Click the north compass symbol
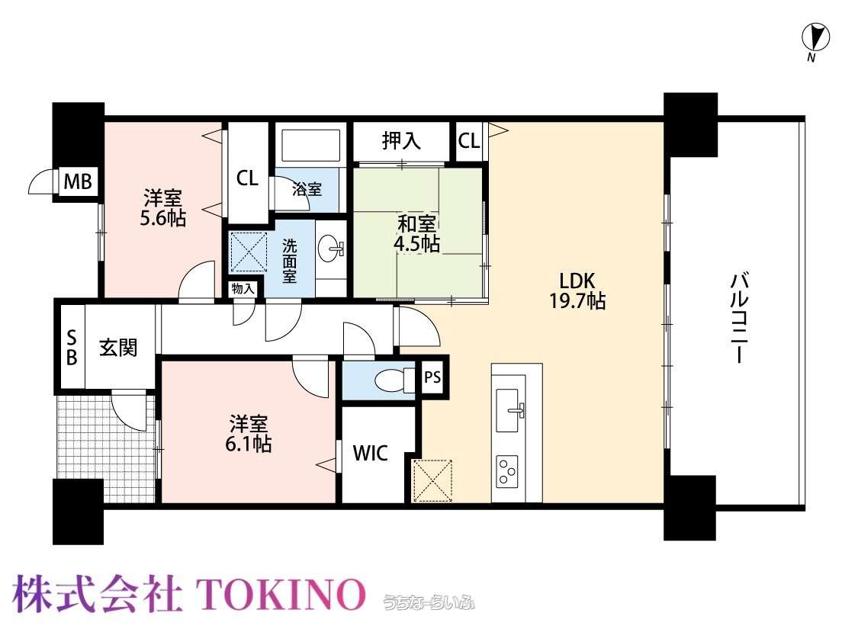tap(815, 38)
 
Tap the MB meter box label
tap(78, 181)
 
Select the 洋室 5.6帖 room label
tap(163, 208)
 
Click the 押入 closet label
tap(401, 140)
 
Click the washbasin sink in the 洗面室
tap(331, 249)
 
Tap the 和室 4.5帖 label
tap(417, 233)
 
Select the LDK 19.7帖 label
tap(577, 291)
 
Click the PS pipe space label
tap(432, 377)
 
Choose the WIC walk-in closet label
tap(371, 453)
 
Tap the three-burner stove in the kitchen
tap(506, 471)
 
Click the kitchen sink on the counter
tap(508, 410)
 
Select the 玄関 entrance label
tap(117, 348)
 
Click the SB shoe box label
tap(71, 348)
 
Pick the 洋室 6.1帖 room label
tap(249, 434)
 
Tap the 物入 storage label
tap(243, 288)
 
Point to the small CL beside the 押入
tap(469, 141)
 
